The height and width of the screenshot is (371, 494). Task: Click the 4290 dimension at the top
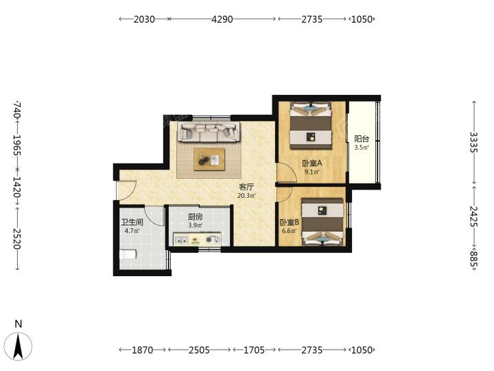click(222, 19)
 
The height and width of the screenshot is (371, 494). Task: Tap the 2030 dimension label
click(144, 19)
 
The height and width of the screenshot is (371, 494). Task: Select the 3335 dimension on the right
click(474, 142)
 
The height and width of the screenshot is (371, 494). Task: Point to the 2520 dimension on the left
click(17, 238)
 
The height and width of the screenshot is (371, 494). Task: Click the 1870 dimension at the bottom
click(142, 350)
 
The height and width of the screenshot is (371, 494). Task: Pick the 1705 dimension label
click(254, 350)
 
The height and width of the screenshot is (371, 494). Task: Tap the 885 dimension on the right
click(474, 258)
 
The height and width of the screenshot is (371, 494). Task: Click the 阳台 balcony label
click(362, 139)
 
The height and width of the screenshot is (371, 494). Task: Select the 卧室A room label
click(312, 164)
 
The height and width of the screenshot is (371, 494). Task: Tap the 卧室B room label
click(290, 223)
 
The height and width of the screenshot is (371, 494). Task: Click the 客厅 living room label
click(246, 188)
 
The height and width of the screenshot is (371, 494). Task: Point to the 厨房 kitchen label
click(196, 217)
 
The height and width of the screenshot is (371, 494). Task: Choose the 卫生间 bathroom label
click(132, 222)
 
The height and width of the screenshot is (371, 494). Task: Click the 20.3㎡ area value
click(246, 196)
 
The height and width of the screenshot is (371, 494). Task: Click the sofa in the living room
click(209, 131)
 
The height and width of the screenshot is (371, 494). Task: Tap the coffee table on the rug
click(209, 159)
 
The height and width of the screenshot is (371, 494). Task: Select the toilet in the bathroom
click(128, 254)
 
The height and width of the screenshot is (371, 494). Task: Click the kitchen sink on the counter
click(181, 240)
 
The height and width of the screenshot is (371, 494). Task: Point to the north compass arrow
click(19, 346)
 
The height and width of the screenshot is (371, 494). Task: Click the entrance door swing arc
click(130, 193)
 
